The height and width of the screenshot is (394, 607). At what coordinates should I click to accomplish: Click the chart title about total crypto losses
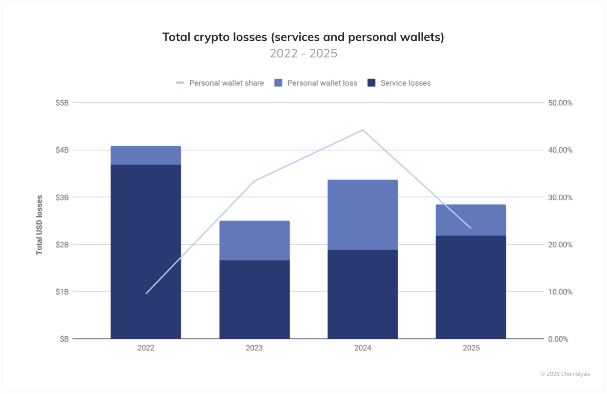coord(303,37)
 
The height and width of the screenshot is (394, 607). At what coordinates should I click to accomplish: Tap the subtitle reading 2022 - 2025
coord(303,53)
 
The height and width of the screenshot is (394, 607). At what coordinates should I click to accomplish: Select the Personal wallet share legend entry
coord(220,83)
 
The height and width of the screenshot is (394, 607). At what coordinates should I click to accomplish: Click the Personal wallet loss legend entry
coord(316,83)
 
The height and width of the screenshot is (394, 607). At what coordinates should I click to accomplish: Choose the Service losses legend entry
coord(399,83)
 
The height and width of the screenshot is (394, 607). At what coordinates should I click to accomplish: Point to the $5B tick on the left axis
coord(62,103)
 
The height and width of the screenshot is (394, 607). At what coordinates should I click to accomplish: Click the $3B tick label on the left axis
coord(62,197)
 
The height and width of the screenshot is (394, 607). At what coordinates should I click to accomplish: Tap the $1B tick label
coord(62,292)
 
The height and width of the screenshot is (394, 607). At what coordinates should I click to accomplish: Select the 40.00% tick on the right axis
coord(560,150)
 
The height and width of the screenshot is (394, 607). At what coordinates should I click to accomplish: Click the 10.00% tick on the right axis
coord(560,292)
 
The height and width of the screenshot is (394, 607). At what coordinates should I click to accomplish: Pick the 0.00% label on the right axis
coord(558,339)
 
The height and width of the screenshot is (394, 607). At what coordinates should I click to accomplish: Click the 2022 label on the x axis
coord(146,348)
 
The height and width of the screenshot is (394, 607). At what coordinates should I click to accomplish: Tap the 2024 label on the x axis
coord(362,348)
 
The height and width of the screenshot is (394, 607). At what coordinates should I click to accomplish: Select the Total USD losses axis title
coord(39,225)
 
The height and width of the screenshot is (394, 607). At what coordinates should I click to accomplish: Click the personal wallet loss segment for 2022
coord(146,155)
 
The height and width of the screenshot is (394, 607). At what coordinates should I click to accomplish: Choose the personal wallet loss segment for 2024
coord(362,215)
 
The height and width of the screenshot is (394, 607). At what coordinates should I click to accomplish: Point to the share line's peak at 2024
coord(362,130)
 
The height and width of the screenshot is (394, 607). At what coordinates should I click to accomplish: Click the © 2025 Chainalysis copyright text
coord(565,374)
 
